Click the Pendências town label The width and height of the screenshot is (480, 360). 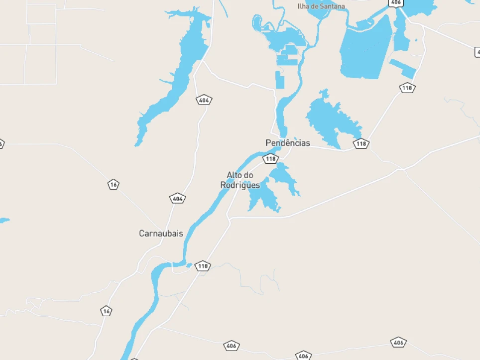287,143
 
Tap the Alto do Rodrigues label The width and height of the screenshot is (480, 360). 240,180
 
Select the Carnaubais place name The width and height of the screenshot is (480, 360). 161,233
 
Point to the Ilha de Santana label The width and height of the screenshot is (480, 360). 321,6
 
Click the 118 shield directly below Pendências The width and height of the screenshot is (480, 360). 270,159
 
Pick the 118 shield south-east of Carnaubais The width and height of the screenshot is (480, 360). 203,266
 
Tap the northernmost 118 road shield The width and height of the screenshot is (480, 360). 407,88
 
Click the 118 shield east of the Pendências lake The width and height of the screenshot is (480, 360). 361,144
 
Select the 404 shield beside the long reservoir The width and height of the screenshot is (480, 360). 203,100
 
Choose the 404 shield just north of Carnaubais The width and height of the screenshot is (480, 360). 177,199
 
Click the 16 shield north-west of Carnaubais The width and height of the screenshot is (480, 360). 114,184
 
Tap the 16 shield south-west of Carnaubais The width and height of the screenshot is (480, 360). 106,311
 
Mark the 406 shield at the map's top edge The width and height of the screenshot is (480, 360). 395,2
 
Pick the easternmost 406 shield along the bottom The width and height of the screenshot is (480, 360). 398,342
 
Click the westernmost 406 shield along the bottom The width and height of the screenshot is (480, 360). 232,346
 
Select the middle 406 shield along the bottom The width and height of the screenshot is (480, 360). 303,356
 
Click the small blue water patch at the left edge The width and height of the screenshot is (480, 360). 3,220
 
